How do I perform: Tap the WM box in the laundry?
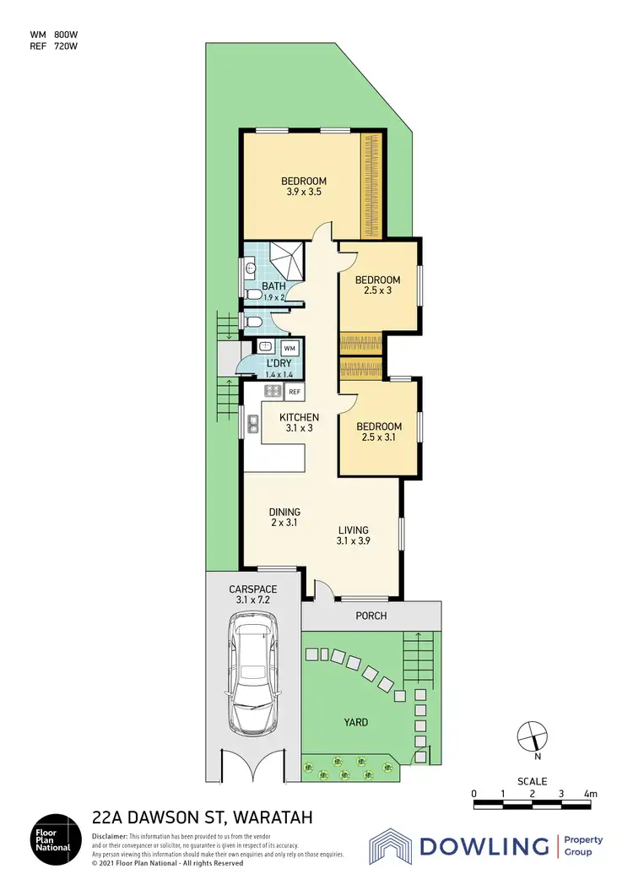(x=289, y=348)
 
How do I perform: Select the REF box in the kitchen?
(x=295, y=392)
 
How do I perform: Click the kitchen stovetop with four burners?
(x=273, y=391)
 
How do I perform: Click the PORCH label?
(x=371, y=616)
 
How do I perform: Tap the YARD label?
(x=355, y=722)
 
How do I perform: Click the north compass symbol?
(x=534, y=736)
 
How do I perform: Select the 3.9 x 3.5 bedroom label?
(x=303, y=187)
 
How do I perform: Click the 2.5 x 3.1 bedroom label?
(x=378, y=432)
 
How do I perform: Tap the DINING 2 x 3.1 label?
(x=284, y=518)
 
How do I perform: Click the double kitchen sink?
(x=252, y=424)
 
